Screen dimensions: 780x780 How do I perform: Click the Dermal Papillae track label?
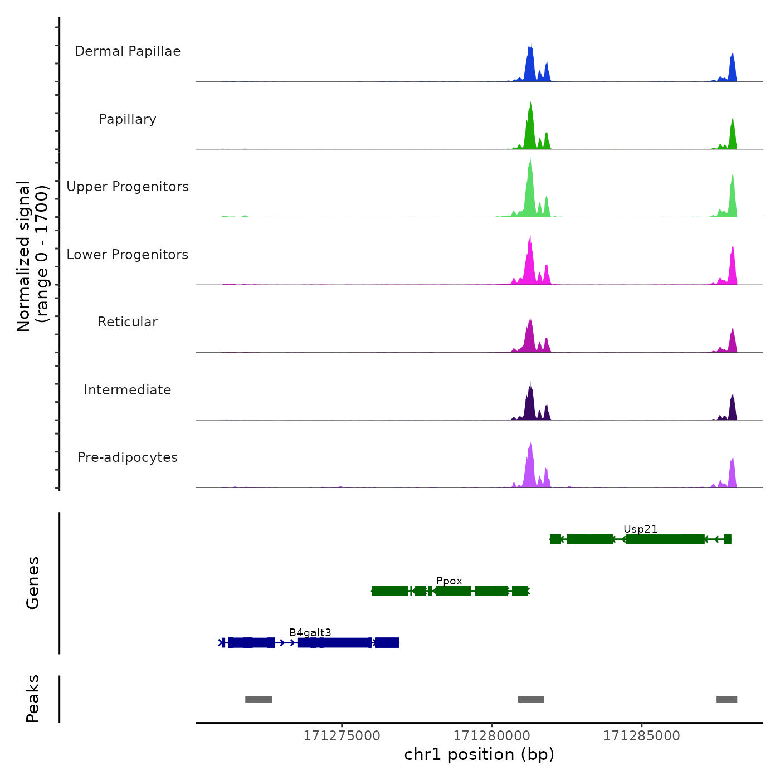[128, 51]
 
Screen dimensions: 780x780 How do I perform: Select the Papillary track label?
[128, 119]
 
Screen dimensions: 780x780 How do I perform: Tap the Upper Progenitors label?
[128, 187]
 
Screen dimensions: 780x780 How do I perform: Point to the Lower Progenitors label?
[128, 255]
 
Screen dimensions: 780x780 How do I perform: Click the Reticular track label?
[128, 322]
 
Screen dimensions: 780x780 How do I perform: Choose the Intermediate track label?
[128, 390]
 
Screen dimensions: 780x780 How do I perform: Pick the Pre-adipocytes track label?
[128, 457]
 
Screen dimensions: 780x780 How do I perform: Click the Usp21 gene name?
[640, 529]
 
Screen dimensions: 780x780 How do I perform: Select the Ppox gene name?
[449, 581]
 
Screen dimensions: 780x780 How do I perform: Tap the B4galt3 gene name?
[310, 632]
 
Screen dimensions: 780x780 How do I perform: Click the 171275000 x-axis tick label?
[342, 736]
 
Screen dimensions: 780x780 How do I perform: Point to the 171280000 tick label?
[491, 736]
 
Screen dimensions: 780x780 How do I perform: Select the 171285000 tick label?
[641, 736]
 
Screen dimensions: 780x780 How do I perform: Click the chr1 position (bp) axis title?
[479, 754]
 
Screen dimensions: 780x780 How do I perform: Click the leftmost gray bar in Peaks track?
[259, 699]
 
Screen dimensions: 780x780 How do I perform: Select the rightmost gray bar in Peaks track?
[727, 699]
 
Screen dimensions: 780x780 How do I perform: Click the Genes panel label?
[33, 583]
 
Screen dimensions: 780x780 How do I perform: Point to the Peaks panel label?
[33, 699]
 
